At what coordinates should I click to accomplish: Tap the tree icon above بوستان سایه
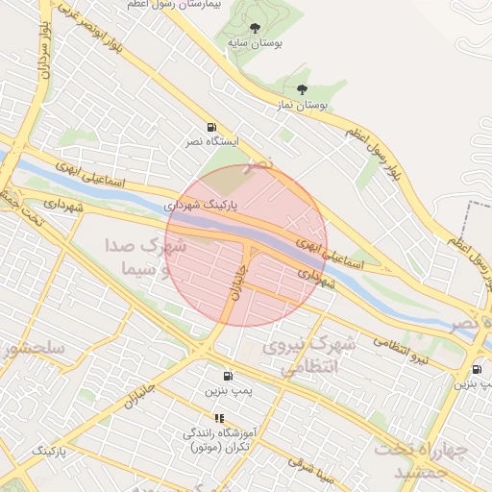click(254, 29)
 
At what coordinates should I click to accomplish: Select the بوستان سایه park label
click(254, 43)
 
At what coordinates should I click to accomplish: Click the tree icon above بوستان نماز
click(303, 88)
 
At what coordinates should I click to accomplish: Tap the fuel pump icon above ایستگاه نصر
click(210, 127)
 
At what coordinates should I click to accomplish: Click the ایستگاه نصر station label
click(209, 142)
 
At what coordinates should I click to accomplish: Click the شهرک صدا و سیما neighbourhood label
click(139, 258)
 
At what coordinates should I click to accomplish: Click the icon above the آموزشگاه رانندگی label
click(220, 418)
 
